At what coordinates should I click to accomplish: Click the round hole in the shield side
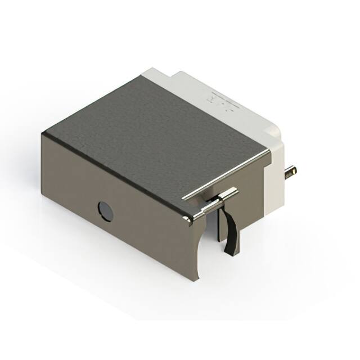(x=105, y=211)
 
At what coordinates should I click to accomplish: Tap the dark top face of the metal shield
(x=152, y=135)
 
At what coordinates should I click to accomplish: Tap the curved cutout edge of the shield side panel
(x=204, y=247)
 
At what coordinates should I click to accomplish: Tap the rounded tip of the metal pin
(x=294, y=169)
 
